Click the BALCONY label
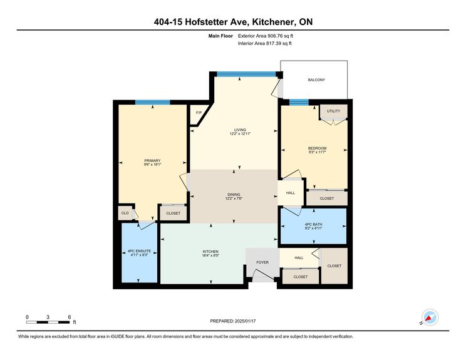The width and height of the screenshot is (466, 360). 316,80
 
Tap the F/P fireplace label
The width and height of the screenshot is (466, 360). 199,113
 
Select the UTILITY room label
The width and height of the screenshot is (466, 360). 333,111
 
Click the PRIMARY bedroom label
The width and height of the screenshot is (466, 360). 152,161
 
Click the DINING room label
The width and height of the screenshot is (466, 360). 233,194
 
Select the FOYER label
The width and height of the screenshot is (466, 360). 262,263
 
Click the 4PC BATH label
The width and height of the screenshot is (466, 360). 313,225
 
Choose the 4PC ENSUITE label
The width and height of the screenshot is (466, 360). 138,251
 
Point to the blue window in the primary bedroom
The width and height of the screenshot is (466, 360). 153,102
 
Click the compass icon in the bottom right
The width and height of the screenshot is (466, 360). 430,317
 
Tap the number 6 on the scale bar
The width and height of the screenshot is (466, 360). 69,316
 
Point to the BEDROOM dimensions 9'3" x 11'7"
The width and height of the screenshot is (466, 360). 317,152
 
